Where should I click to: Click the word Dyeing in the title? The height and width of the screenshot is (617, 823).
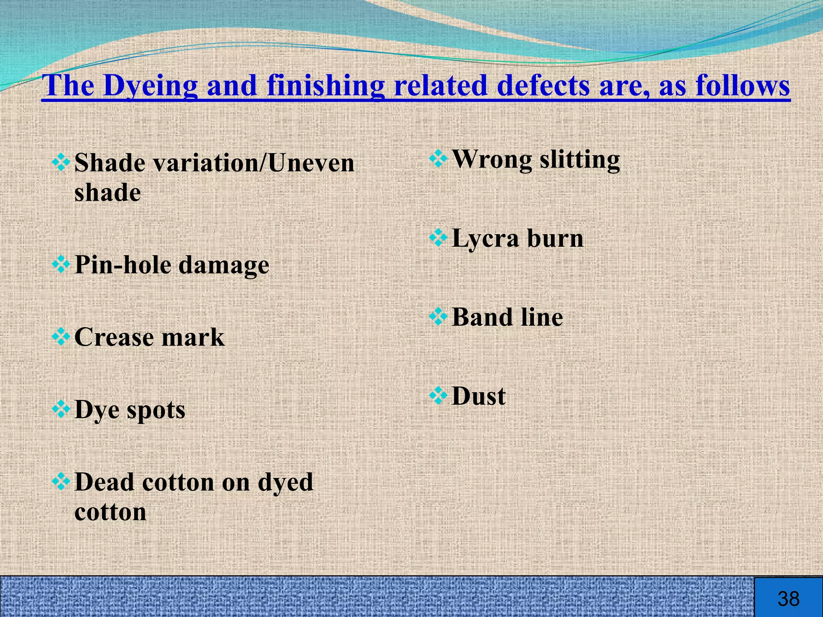point(150,86)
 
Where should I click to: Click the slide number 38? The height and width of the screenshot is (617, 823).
point(788,599)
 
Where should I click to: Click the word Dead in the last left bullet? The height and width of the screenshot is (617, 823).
point(104,482)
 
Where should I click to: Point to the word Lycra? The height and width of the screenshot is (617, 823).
point(485,239)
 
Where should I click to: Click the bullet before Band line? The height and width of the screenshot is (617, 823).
point(438,317)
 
